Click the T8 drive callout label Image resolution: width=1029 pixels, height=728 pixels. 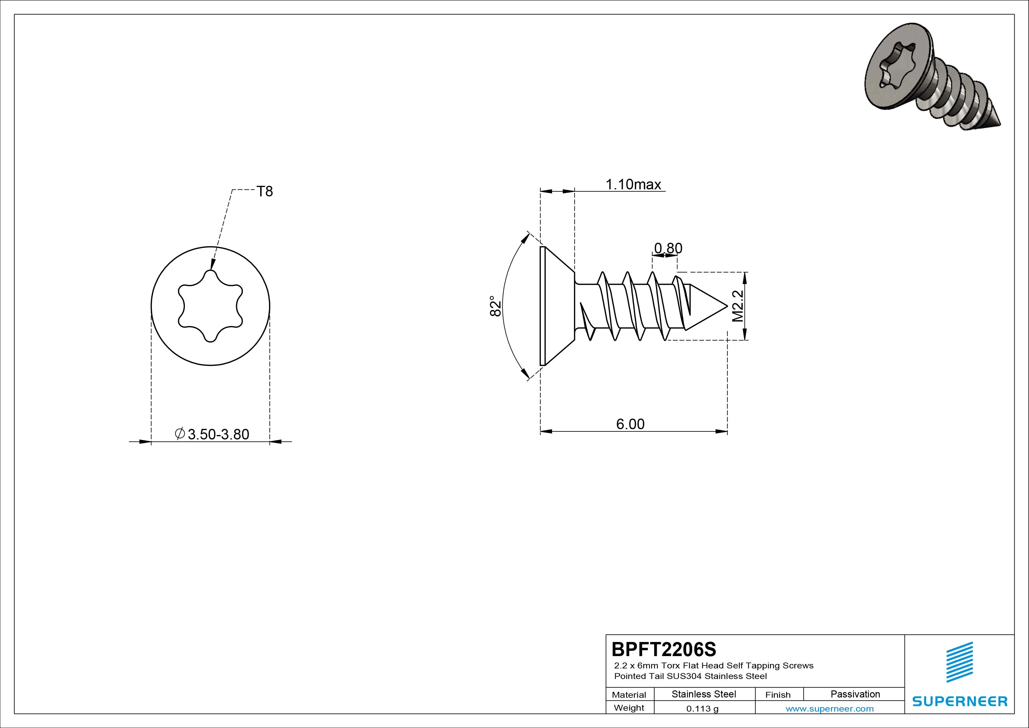(x=264, y=191)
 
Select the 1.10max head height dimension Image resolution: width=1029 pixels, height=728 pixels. (x=633, y=184)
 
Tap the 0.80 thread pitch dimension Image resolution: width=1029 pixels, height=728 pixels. (x=668, y=248)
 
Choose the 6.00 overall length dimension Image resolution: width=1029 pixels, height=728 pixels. (x=630, y=424)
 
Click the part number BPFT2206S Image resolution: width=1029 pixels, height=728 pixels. (x=664, y=649)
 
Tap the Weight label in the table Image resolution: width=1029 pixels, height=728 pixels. (x=629, y=708)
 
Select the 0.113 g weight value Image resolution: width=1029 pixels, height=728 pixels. (x=702, y=709)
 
